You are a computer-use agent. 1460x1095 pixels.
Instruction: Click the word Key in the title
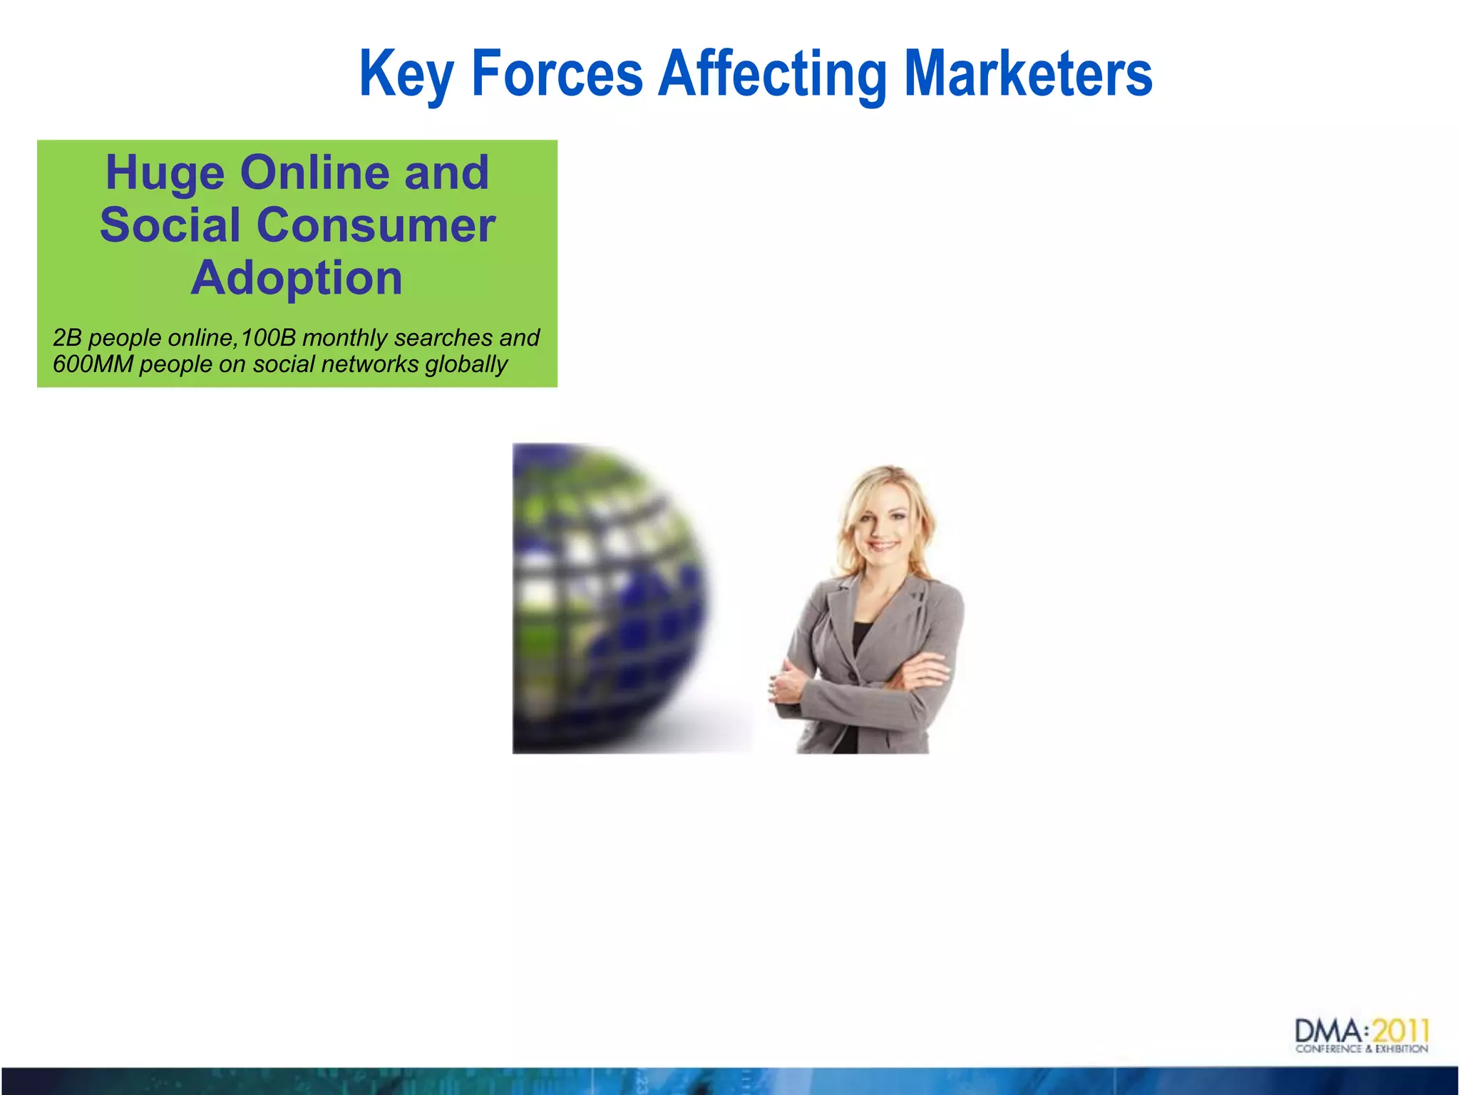[406, 73]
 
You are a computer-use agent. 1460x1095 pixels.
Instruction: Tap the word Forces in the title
[557, 73]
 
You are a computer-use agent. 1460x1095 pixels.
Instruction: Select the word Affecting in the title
[772, 73]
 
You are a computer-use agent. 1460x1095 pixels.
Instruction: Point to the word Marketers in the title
[1027, 73]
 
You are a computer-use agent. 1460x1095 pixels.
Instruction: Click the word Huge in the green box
[165, 173]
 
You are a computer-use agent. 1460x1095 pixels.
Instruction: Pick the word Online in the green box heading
[314, 173]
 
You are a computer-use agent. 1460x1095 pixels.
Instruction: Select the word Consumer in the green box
[375, 225]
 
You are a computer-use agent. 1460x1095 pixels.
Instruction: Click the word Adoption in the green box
[297, 277]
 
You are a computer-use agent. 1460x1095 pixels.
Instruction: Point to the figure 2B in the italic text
[67, 337]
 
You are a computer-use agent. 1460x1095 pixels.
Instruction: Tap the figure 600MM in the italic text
[93, 364]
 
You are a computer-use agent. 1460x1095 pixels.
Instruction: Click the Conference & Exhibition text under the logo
[1362, 1049]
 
